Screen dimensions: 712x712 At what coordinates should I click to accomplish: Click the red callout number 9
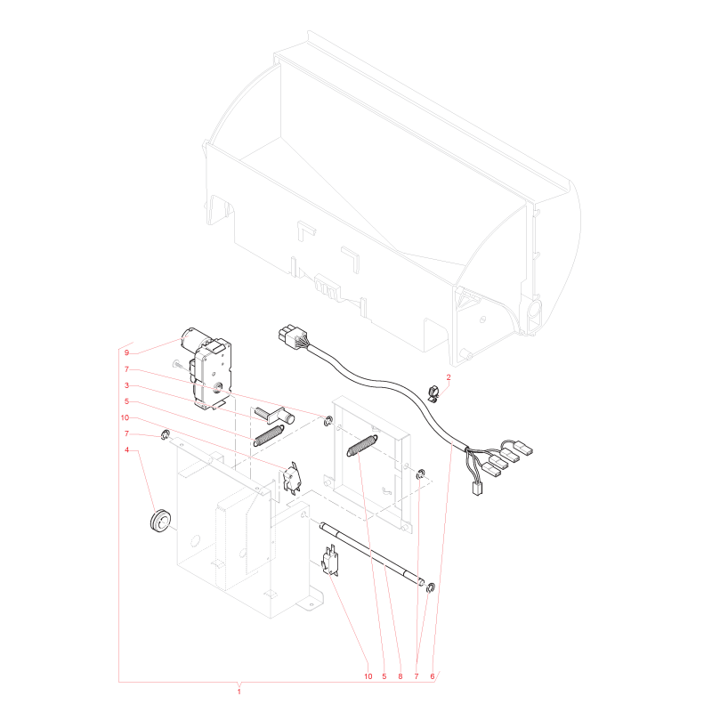(126, 352)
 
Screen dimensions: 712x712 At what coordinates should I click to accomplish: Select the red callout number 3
(126, 385)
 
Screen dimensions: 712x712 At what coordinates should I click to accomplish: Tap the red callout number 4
(126, 449)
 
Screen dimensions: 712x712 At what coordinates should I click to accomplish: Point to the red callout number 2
(449, 377)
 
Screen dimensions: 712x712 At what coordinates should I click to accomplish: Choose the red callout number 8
(400, 676)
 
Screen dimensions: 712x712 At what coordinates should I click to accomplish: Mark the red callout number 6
(433, 676)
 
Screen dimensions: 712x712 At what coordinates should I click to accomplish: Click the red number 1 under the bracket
(239, 692)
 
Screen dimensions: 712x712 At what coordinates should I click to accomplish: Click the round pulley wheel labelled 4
(160, 521)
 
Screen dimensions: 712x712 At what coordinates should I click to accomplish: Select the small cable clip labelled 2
(433, 393)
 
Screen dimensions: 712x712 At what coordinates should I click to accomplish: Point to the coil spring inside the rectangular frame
(362, 445)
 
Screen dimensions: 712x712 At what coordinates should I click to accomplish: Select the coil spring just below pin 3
(269, 435)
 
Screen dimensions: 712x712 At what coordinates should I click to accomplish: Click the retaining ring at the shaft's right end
(431, 588)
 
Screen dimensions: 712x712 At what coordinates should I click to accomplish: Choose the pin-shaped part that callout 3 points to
(275, 414)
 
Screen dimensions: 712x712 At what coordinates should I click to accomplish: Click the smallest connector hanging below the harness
(477, 489)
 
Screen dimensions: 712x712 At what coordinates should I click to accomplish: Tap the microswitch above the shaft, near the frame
(291, 477)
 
